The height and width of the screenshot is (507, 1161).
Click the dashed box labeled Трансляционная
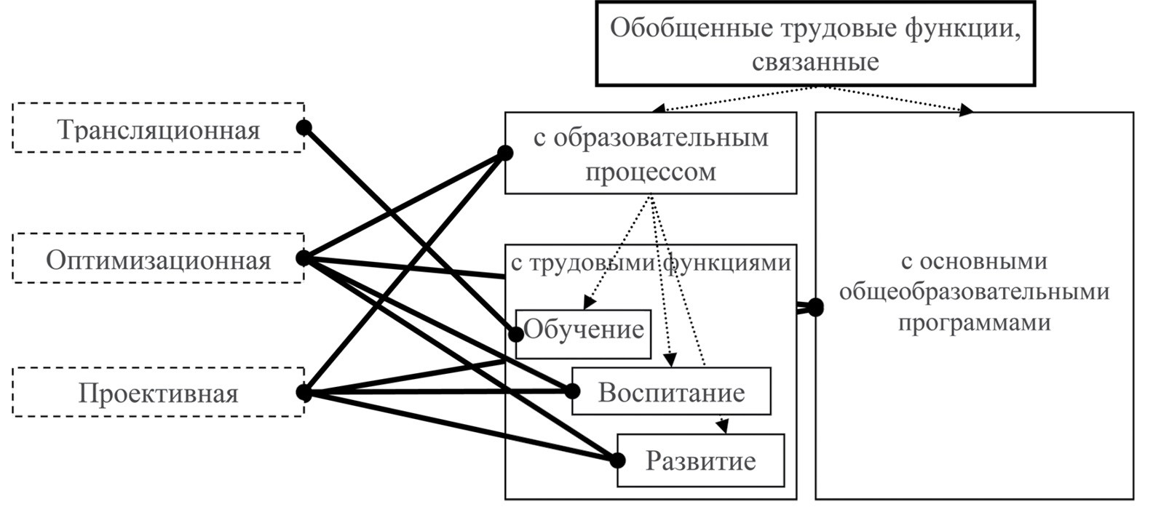click(x=158, y=129)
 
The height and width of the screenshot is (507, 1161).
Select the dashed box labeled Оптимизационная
click(x=158, y=259)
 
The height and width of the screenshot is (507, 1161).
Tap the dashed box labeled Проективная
click(x=158, y=394)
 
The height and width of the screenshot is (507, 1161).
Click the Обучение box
click(x=584, y=330)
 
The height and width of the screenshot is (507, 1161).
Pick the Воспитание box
click(x=671, y=392)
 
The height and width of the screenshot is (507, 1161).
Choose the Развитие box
click(x=701, y=460)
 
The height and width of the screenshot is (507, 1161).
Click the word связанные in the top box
click(x=815, y=62)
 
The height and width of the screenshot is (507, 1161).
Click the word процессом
click(x=651, y=172)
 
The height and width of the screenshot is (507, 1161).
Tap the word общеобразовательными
click(x=974, y=291)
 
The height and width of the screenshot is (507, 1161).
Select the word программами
click(x=974, y=322)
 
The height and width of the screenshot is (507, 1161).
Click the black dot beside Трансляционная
click(x=304, y=128)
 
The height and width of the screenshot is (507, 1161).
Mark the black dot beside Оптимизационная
click(x=304, y=258)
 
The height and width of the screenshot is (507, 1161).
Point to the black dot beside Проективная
click(x=304, y=394)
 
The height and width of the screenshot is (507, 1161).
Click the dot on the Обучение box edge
click(x=516, y=334)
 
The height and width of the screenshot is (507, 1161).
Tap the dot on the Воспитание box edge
click(x=572, y=391)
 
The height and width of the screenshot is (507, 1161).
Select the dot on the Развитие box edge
click(x=618, y=460)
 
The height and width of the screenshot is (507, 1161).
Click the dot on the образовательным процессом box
click(x=505, y=153)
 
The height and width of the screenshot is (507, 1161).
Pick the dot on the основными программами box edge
click(x=815, y=308)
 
